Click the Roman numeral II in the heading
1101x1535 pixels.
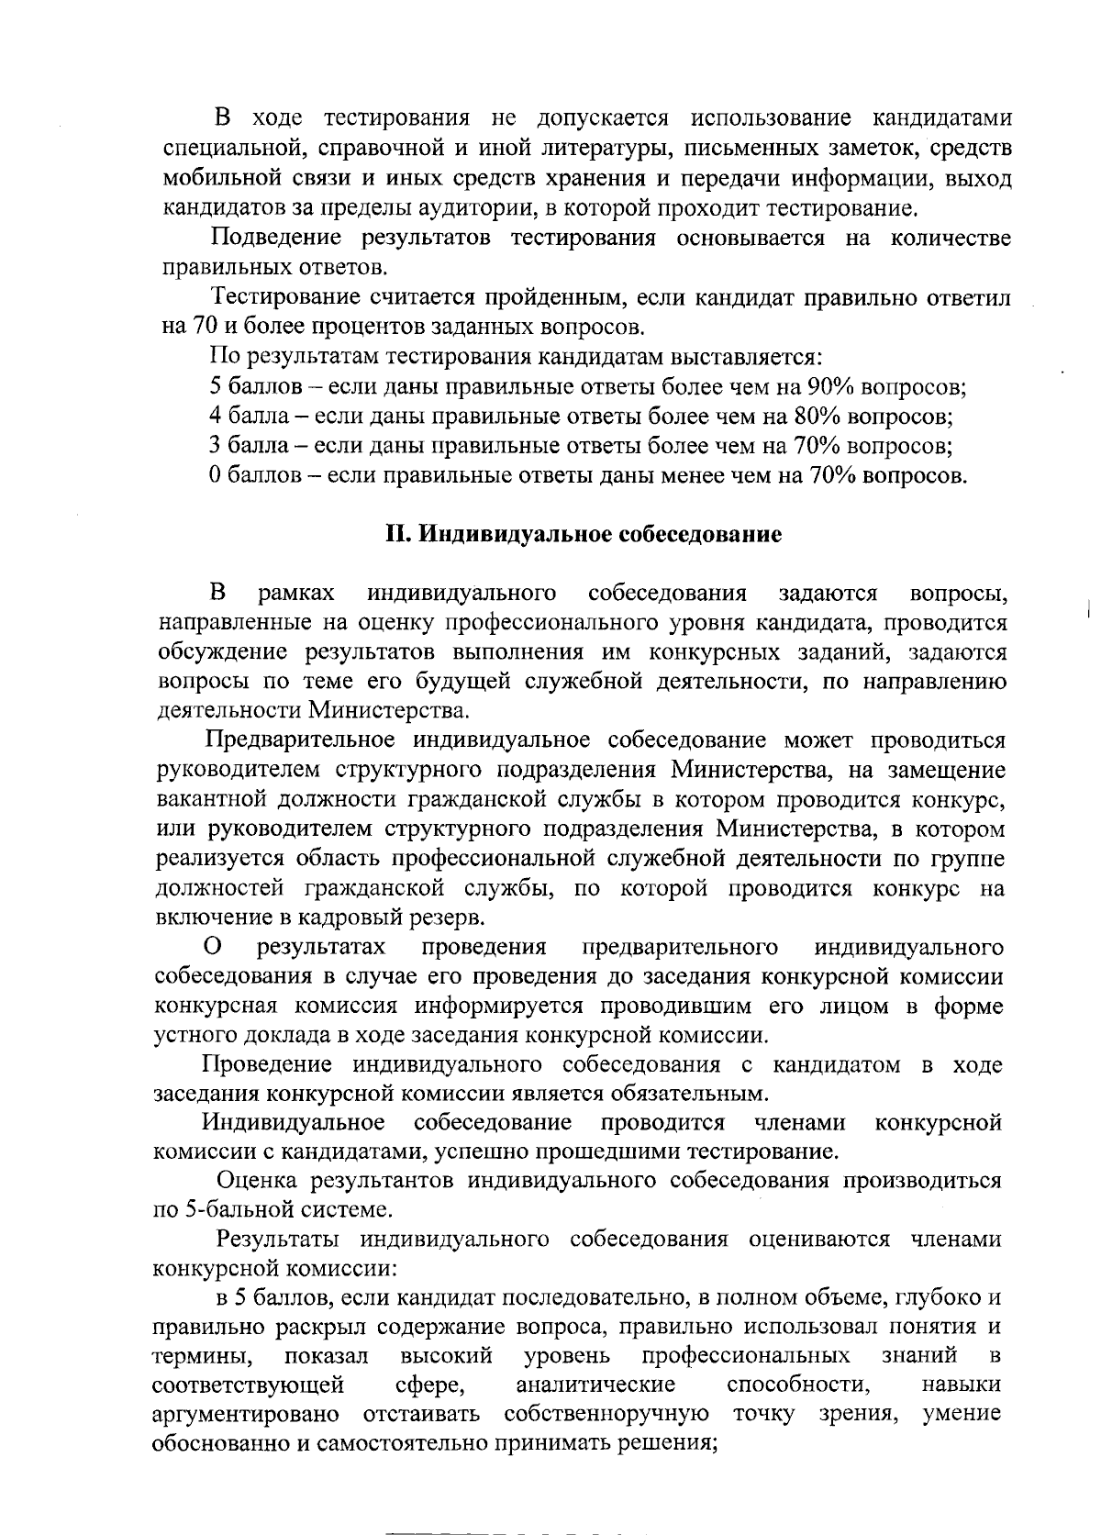(x=395, y=535)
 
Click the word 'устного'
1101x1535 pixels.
(x=191, y=1035)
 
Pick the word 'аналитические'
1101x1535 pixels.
(x=595, y=1384)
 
